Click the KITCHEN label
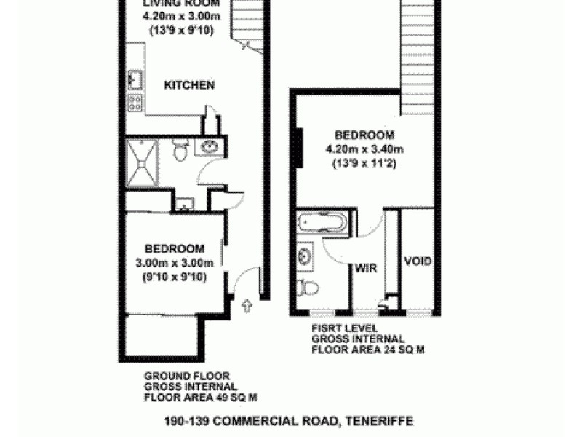coord(189,85)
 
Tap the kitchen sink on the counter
coord(135,77)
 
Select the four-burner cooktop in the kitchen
coord(135,102)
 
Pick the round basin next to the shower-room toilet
coord(210,148)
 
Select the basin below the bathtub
coord(304,256)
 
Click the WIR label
coord(364,267)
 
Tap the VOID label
coord(418,261)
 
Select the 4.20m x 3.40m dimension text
coord(364,150)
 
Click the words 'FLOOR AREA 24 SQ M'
coord(368,350)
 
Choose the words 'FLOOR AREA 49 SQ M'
coord(200,398)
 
